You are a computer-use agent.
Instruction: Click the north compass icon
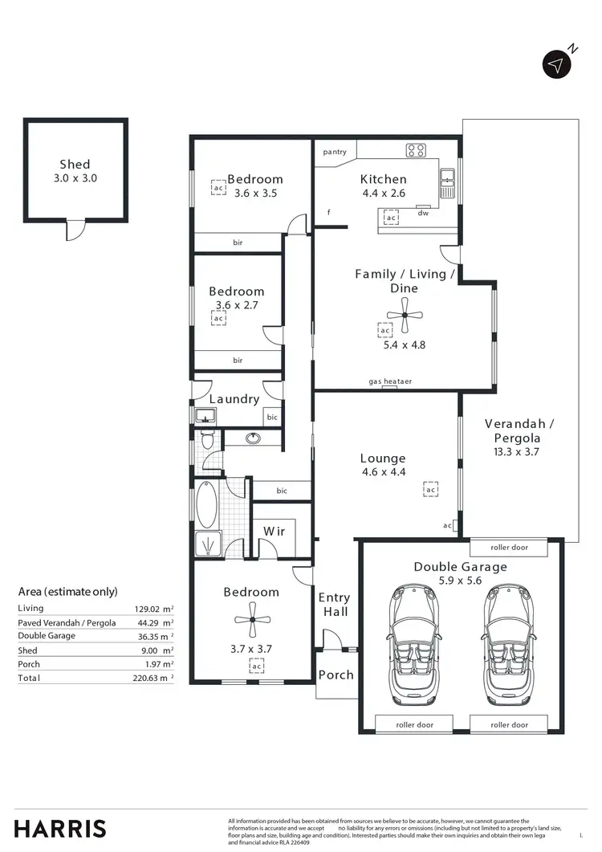tap(557, 64)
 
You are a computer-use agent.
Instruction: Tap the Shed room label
tap(75, 165)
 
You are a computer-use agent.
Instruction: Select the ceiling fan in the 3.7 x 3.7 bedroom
tap(251, 619)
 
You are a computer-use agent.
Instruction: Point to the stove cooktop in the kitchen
tap(416, 149)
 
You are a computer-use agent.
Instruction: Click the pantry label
tap(335, 152)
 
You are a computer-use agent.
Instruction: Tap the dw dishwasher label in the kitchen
tap(421, 214)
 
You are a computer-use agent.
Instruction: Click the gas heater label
tap(390, 381)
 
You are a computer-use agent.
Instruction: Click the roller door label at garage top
tap(509, 548)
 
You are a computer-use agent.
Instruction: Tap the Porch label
tap(336, 675)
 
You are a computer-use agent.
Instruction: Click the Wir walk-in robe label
tap(274, 532)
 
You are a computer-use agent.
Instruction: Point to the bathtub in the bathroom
tap(206, 504)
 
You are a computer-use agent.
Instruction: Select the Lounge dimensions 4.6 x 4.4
tap(384, 472)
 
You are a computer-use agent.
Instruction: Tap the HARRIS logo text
tap(60, 829)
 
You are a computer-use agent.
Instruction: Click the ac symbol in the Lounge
tap(430, 490)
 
